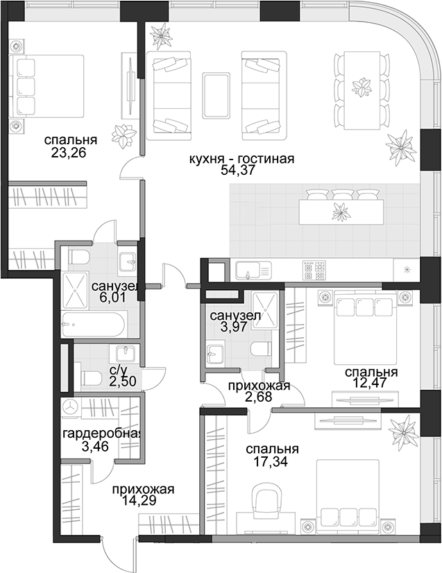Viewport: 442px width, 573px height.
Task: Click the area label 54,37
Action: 237,171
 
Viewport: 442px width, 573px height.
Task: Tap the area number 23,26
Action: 69,153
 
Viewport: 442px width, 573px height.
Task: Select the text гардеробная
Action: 102,434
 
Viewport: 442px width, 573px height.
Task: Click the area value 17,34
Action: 271,461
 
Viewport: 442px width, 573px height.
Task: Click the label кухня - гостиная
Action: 241,159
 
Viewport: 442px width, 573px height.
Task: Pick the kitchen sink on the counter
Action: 253,271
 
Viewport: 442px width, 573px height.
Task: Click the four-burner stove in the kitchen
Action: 314,271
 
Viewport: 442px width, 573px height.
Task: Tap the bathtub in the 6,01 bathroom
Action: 94,324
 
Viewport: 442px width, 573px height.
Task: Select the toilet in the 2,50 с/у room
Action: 92,378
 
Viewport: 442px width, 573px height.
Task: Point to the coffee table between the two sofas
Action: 216,95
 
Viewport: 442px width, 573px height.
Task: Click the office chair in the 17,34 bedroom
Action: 266,499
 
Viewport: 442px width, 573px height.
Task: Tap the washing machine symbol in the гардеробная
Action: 71,407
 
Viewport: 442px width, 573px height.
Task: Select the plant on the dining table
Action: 362,88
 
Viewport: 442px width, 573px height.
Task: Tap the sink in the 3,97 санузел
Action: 214,352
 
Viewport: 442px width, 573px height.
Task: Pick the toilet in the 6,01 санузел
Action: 78,257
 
